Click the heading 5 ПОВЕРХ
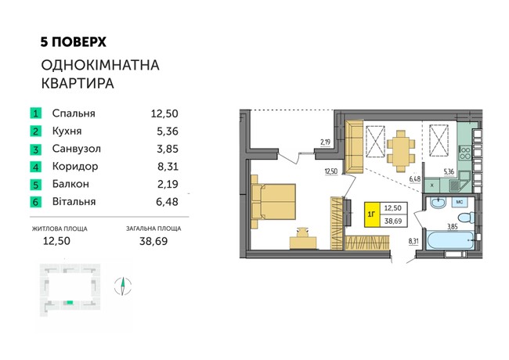74,42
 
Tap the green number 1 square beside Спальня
36,113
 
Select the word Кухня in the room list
67,131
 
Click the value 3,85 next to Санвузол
168,149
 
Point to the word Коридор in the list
75,167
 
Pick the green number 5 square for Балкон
36,185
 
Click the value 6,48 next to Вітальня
167,202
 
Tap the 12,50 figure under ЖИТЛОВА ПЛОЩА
56,241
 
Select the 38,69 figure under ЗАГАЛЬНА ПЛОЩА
153,241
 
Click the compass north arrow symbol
123,286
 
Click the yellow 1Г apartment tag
372,214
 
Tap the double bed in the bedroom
273,201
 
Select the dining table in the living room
401,151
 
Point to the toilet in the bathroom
467,217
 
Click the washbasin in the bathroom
438,203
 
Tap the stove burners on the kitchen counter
465,153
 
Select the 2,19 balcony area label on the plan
325,142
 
